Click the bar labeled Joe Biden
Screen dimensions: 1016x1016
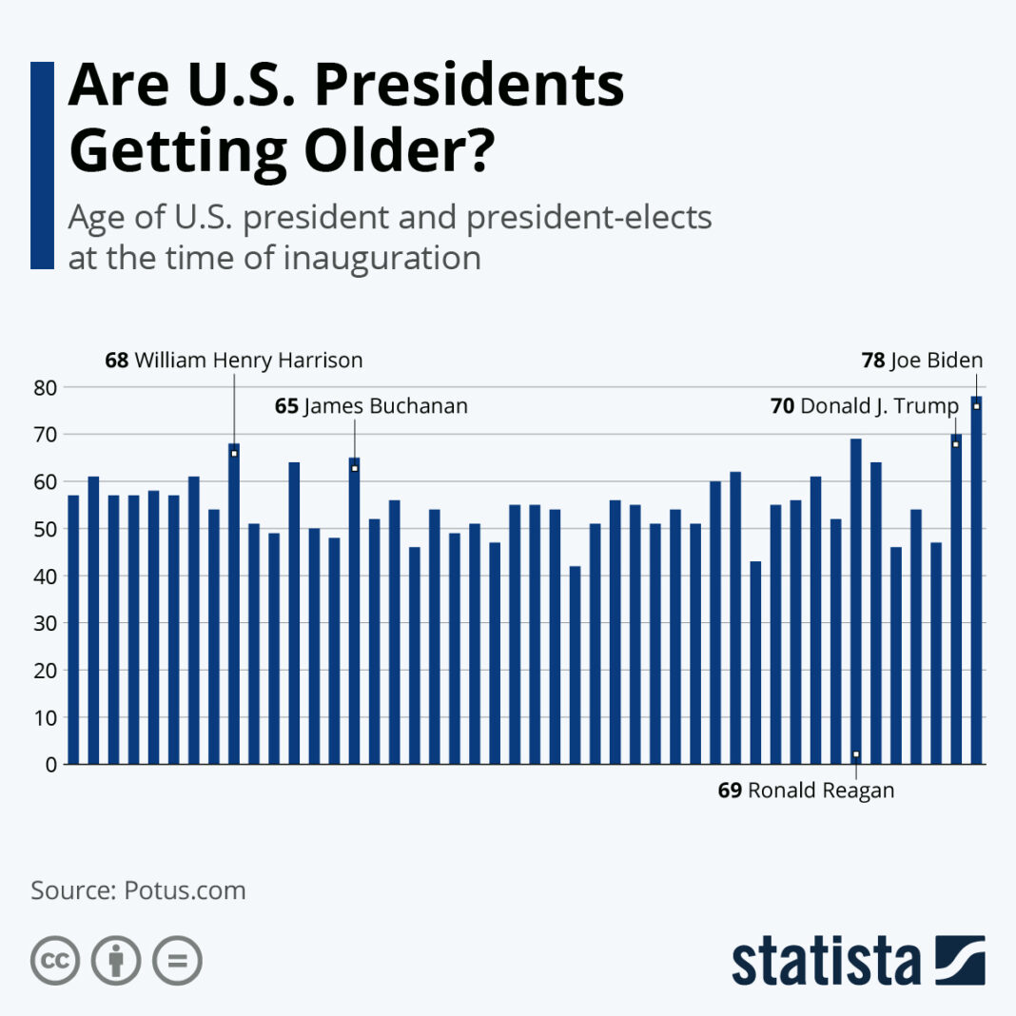click(x=976, y=580)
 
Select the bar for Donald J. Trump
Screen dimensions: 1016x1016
click(x=956, y=599)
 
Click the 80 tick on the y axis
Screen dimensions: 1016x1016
click(x=46, y=387)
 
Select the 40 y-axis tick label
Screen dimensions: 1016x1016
click(x=46, y=576)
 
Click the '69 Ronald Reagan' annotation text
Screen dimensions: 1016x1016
click(x=806, y=791)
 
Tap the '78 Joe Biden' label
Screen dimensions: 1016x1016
click(x=921, y=361)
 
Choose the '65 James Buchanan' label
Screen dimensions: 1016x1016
click(x=371, y=406)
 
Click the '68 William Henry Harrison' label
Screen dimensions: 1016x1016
click(x=233, y=361)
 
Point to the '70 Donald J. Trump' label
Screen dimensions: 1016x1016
click(x=864, y=406)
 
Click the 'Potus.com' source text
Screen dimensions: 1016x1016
click(x=185, y=890)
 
